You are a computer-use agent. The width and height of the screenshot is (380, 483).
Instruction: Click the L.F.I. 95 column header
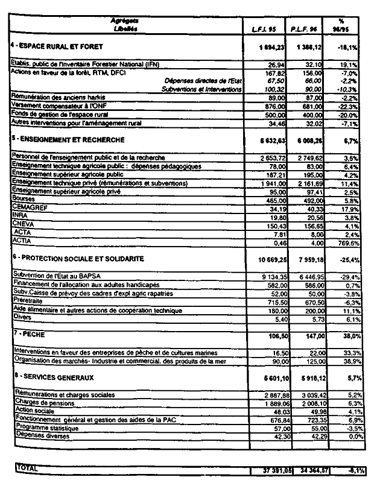pyautogui.click(x=263, y=28)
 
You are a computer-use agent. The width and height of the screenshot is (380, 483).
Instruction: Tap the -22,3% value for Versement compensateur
pyautogui.click(x=349, y=105)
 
